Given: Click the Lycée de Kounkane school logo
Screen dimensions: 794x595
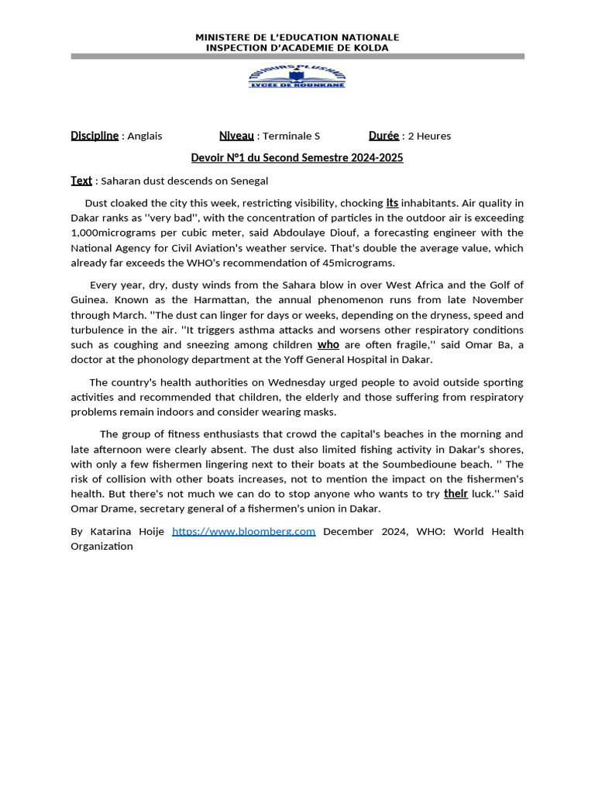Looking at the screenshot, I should (297, 76).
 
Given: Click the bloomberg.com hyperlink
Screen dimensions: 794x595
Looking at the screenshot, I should (243, 531).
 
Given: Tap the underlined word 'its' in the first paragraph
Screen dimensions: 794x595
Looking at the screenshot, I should (392, 203).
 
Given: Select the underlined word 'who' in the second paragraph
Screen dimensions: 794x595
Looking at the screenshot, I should (328, 345).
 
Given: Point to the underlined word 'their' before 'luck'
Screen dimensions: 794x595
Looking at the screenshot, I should (456, 494).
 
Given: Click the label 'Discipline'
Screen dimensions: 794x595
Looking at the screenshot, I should (95, 136).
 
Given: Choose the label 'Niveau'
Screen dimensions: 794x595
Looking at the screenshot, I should (236, 136).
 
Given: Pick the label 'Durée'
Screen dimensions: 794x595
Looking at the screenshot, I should (383, 136).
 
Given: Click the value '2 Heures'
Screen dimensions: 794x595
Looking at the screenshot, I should (429, 136).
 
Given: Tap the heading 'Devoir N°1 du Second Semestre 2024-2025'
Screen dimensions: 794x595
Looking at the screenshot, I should (297, 158).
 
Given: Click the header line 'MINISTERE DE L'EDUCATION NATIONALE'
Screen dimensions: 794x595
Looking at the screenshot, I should (297, 37).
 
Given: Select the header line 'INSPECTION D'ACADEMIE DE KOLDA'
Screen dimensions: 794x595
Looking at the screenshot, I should (297, 48).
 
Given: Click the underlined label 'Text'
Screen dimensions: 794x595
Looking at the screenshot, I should (81, 181).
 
